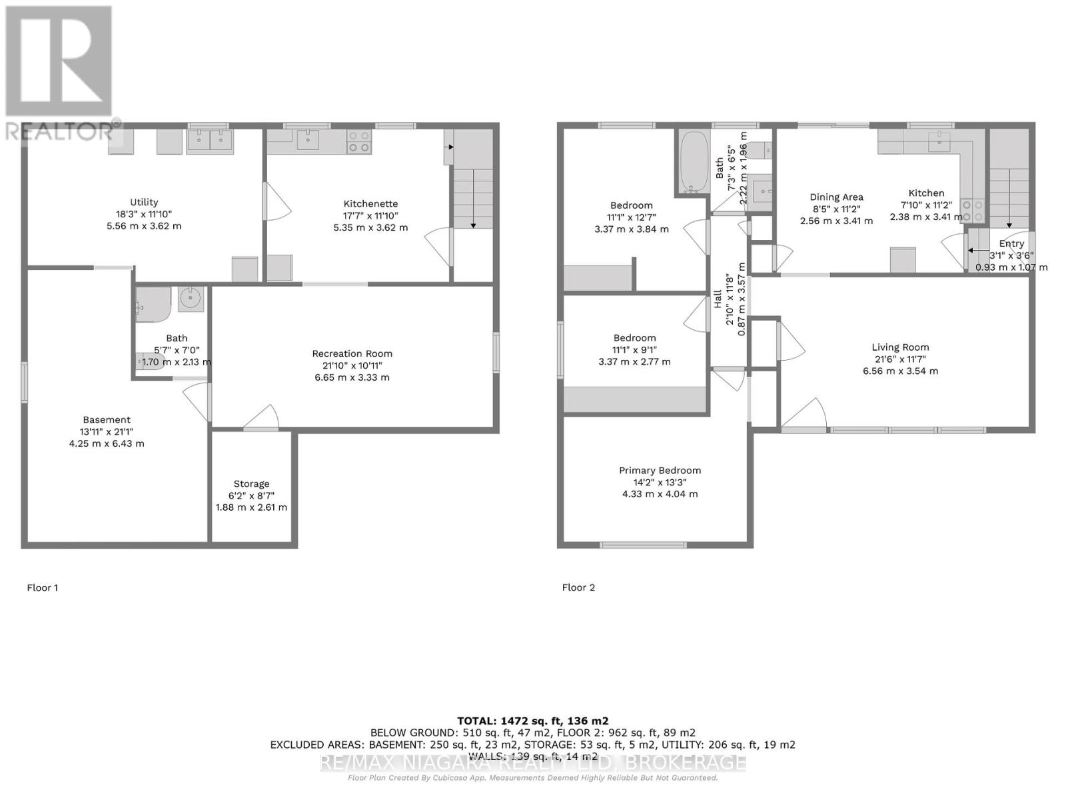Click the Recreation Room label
coord(352,353)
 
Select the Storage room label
coord(251,484)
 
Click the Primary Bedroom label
coord(660,471)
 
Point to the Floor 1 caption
coord(43,587)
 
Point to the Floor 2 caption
coord(578,587)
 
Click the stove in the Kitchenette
coord(359,141)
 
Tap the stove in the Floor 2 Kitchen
coord(972,211)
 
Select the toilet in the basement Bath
coord(148,361)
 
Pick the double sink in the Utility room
coord(209,141)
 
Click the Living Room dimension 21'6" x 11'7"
coord(900,359)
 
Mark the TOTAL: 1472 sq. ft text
coord(532,721)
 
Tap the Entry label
coord(1011,244)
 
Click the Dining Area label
coord(836,197)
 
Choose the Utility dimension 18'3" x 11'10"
coord(144,214)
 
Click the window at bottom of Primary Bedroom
coord(643,545)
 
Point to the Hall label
coord(718,298)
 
